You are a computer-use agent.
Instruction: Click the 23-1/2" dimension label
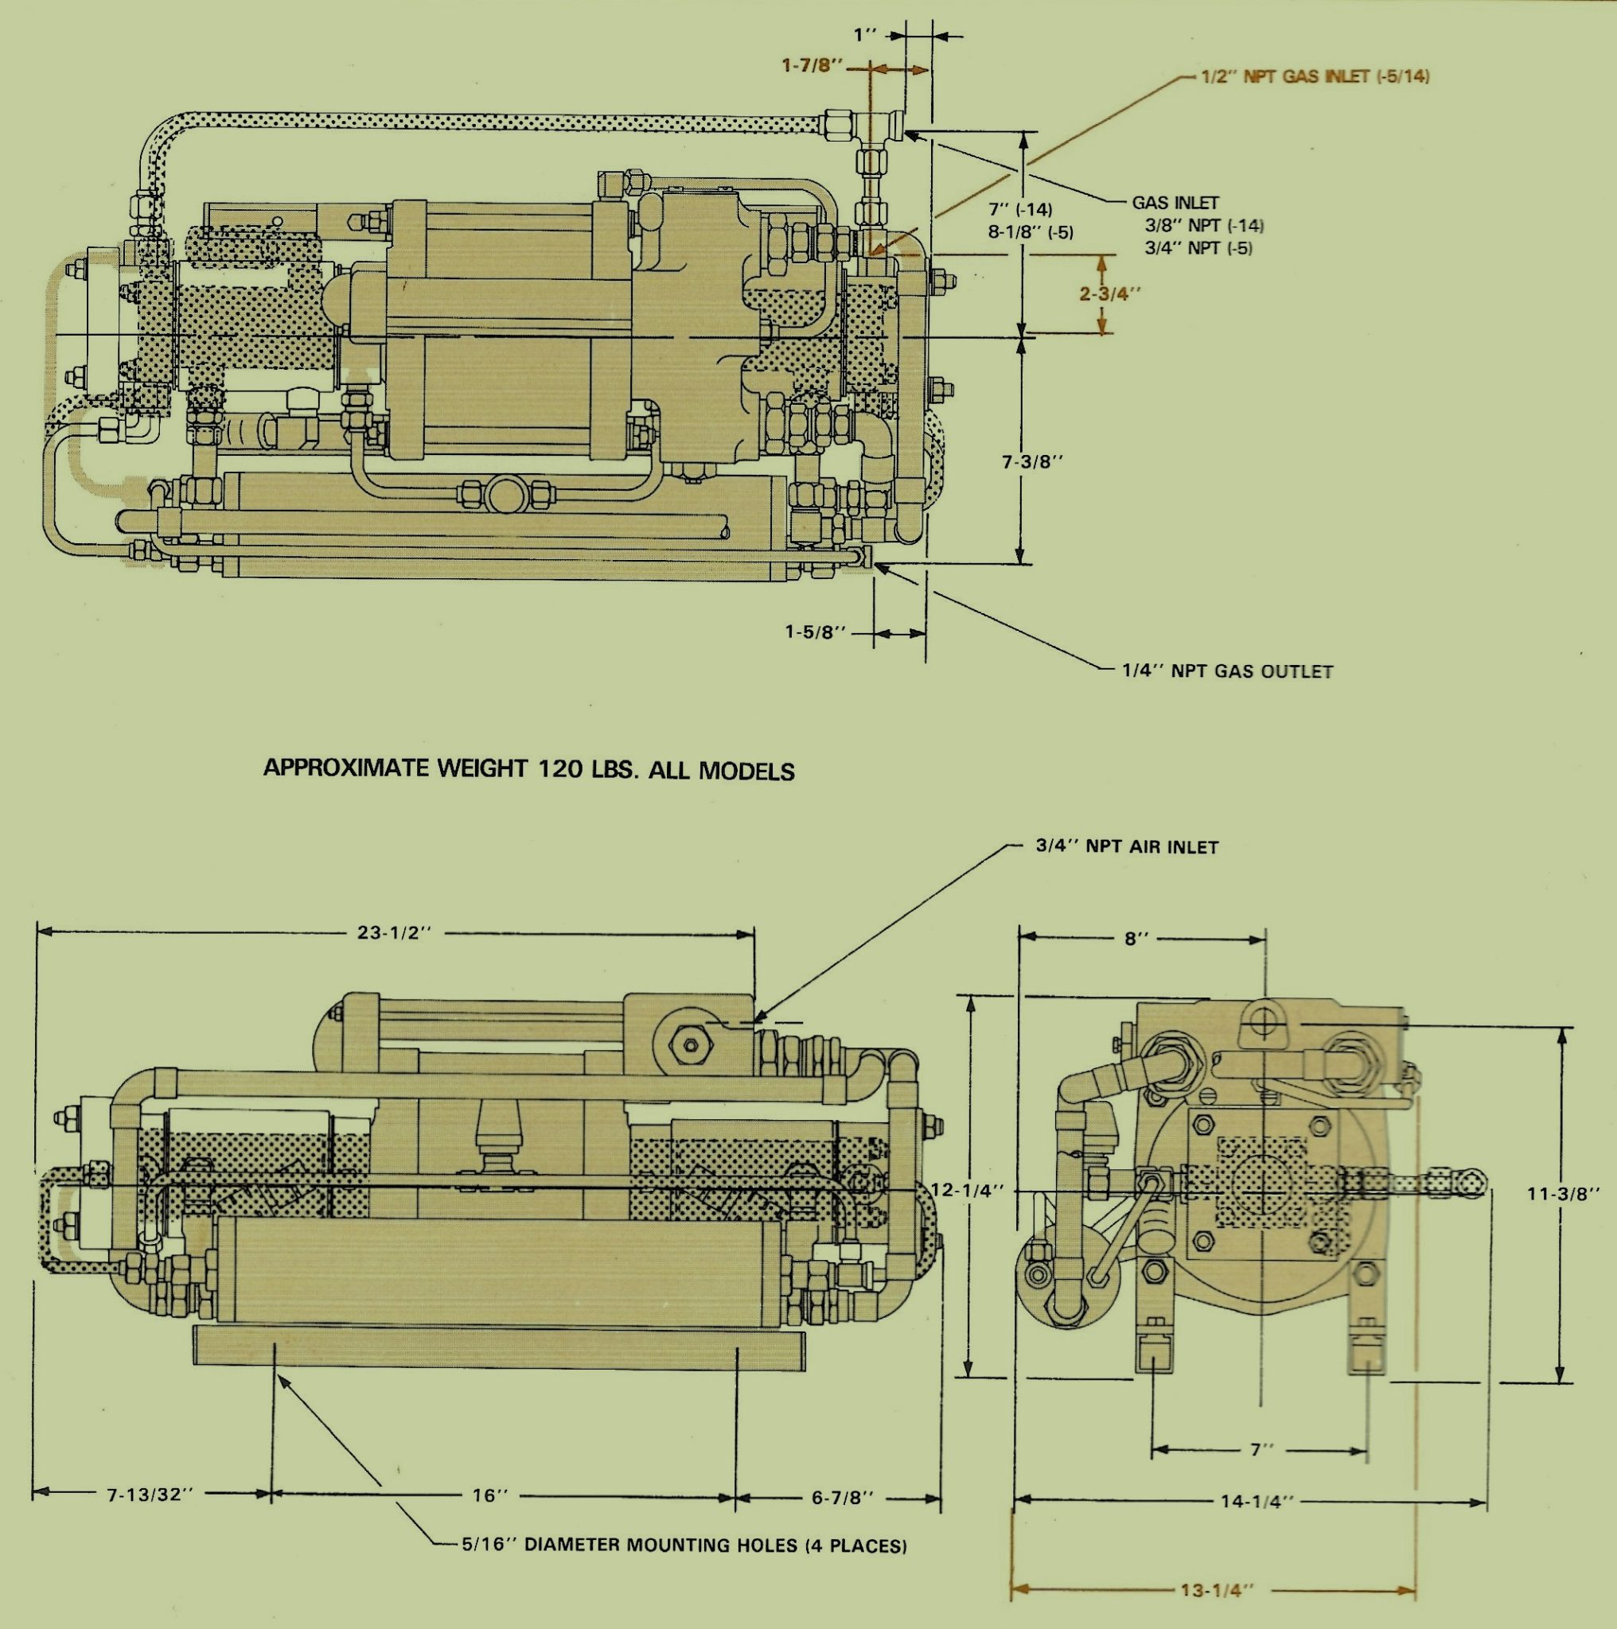tap(394, 932)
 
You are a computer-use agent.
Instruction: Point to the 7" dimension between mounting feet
tap(1260, 1449)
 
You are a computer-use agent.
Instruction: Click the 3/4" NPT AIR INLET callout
tap(1126, 847)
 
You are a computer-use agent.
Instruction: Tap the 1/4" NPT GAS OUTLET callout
tap(1227, 672)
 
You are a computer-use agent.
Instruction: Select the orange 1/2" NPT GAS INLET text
tap(1315, 76)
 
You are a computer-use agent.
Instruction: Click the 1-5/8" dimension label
tap(815, 632)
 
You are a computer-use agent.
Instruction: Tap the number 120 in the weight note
tap(562, 769)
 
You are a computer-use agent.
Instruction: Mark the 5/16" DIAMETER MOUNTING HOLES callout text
tap(684, 1545)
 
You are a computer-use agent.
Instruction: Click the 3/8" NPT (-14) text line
tap(1204, 225)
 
